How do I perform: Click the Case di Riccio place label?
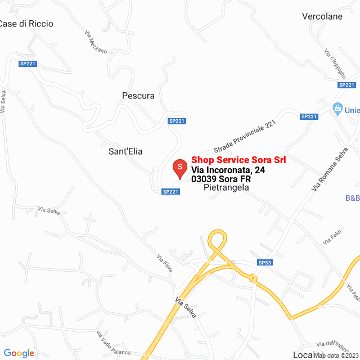(26, 24)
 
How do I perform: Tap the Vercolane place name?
(322, 16)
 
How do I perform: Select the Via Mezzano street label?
(96, 41)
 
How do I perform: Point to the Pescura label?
(138, 96)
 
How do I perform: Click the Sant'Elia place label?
(125, 151)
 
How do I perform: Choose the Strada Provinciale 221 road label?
(245, 137)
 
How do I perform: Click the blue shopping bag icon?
(337, 108)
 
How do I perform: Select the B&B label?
(352, 198)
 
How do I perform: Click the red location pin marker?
(179, 169)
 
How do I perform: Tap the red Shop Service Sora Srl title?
(238, 160)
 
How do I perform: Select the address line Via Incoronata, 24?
(228, 170)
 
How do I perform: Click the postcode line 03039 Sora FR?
(220, 179)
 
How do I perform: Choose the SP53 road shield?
(265, 262)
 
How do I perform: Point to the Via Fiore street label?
(164, 263)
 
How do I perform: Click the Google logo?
(19, 353)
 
